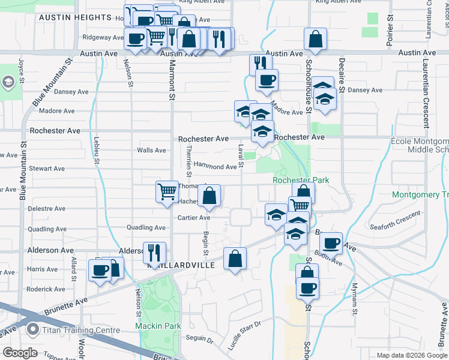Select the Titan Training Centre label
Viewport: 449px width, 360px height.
click(79, 329)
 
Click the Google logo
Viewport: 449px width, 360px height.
click(20, 352)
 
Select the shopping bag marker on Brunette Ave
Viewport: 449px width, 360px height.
click(235, 259)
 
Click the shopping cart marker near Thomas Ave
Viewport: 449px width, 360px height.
click(167, 192)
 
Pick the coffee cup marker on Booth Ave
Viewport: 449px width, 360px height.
click(331, 244)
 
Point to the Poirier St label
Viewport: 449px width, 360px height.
click(390, 28)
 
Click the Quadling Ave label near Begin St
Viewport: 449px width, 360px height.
click(146, 228)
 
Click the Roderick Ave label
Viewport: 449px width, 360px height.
click(46, 289)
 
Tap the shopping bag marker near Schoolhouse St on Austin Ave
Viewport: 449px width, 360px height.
click(315, 40)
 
